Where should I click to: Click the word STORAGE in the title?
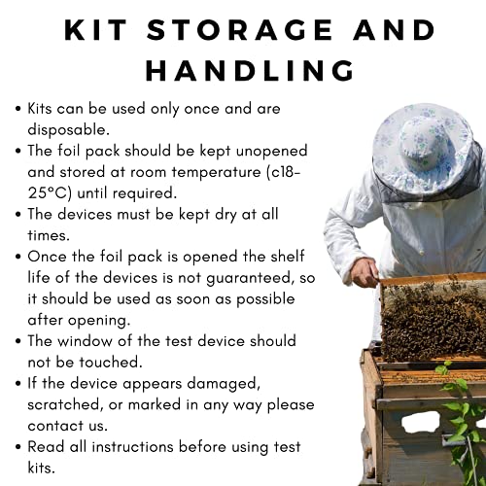(x=240, y=30)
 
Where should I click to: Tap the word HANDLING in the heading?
(x=250, y=70)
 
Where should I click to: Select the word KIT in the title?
(x=95, y=30)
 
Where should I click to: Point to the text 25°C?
(x=48, y=193)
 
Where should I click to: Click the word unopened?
(x=271, y=151)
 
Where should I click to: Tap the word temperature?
(x=216, y=172)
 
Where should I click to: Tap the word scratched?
(x=63, y=404)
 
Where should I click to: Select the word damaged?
(x=224, y=384)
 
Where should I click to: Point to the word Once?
(x=48, y=257)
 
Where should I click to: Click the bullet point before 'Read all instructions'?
(x=18, y=447)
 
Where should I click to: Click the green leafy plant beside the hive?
(x=464, y=421)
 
